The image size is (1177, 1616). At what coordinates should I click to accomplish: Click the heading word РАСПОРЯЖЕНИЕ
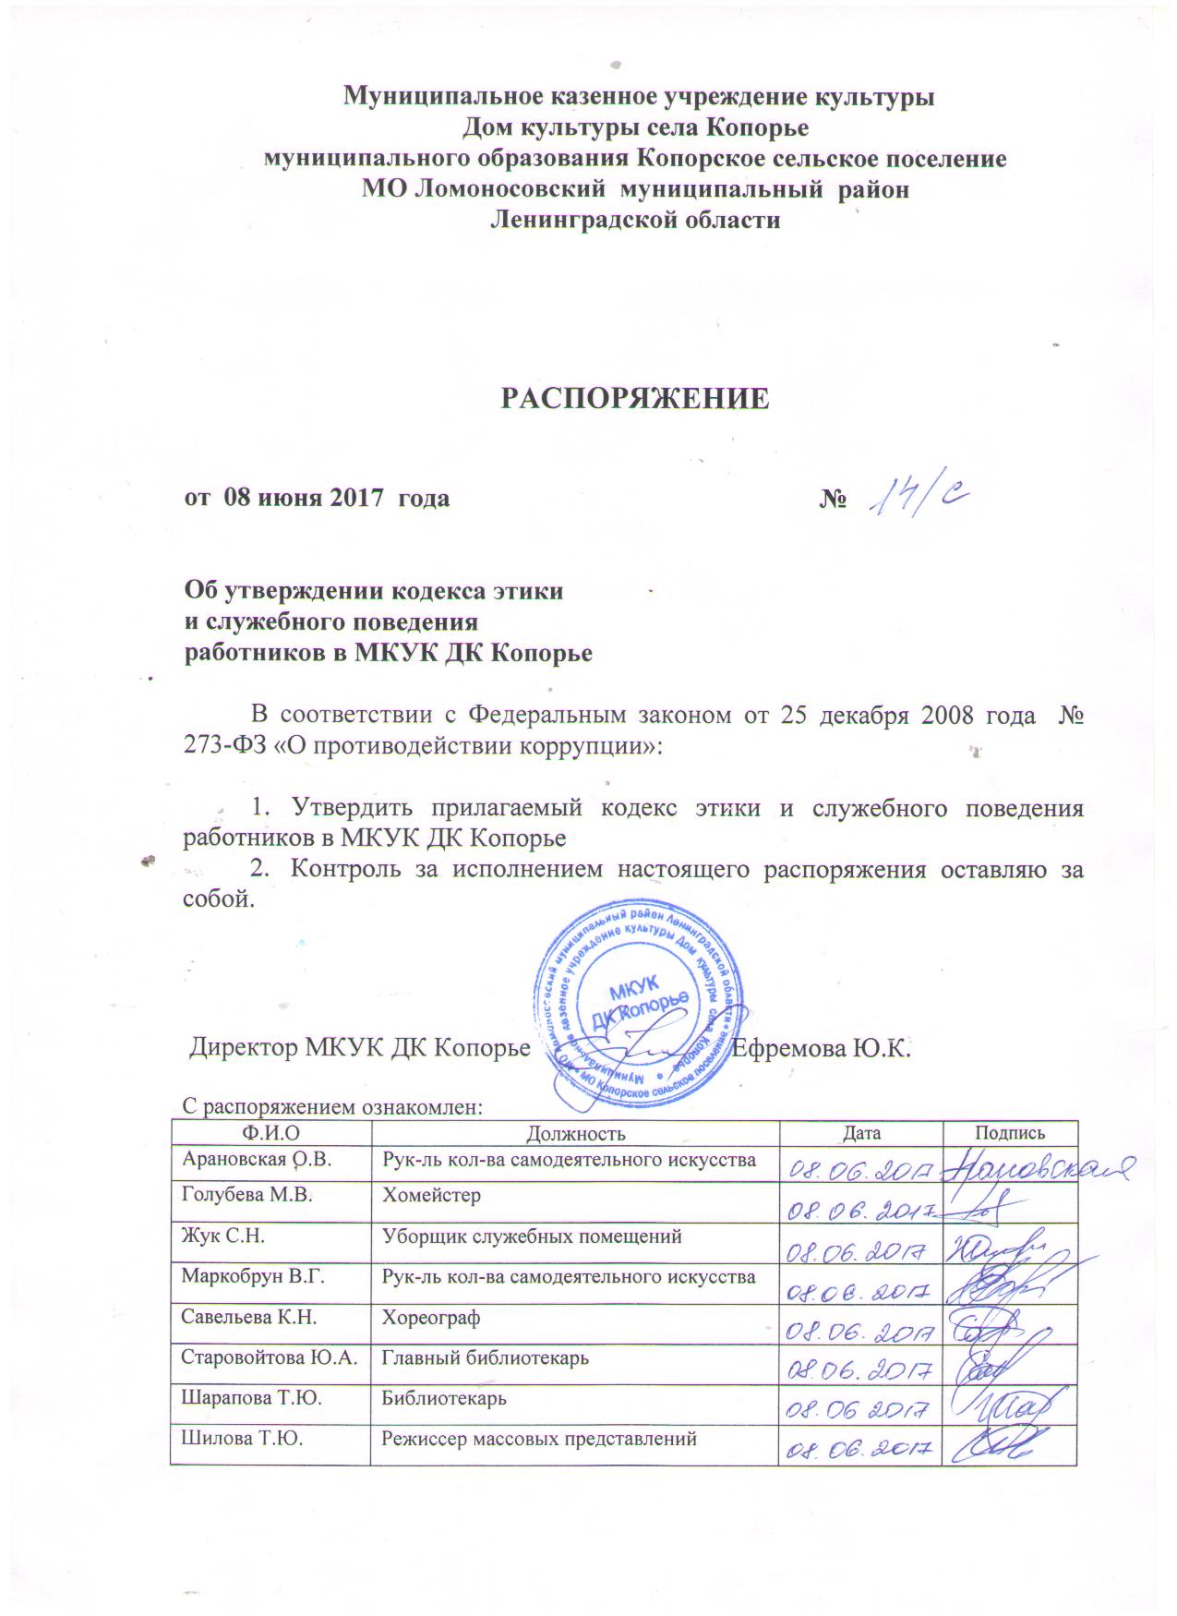click(634, 398)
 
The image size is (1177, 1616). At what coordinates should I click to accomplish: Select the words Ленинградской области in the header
click(634, 220)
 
